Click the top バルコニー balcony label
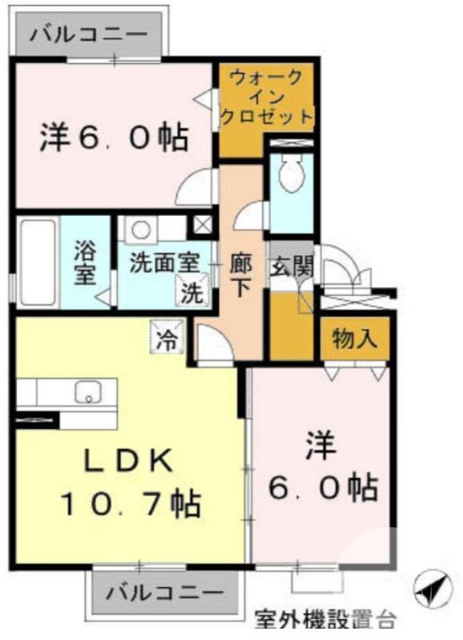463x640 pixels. click(89, 35)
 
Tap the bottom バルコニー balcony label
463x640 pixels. click(165, 594)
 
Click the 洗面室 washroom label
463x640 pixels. click(164, 264)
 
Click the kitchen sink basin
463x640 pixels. click(87, 392)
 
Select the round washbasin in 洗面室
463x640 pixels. click(142, 230)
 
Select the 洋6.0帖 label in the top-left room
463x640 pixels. click(113, 138)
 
